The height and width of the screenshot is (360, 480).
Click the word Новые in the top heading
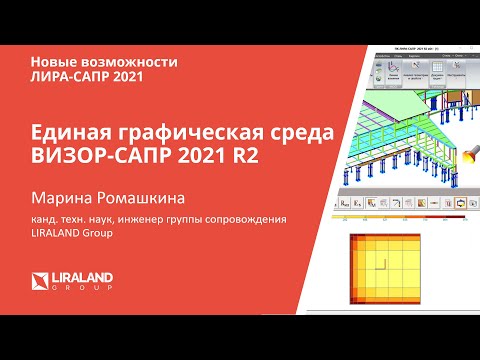tap(50, 61)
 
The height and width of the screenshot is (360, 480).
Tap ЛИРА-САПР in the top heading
tap(66, 78)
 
